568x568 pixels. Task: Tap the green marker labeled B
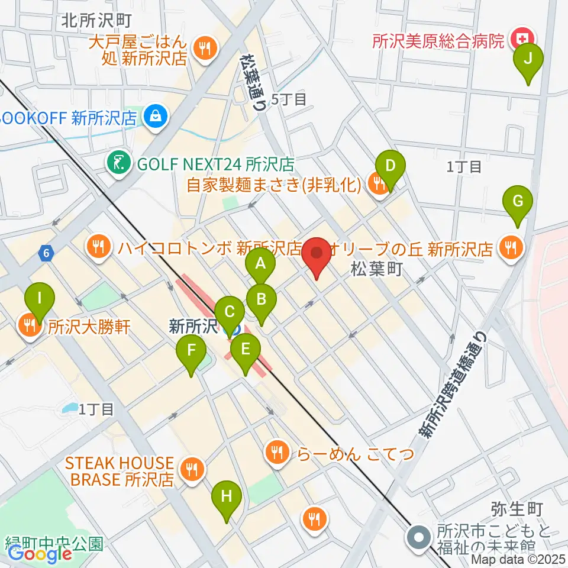point(261,298)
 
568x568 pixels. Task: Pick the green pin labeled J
point(528,58)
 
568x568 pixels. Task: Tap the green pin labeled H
point(227,496)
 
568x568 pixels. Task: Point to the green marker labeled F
point(191,350)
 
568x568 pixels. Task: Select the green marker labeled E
point(246,348)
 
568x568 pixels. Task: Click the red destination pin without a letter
point(317,254)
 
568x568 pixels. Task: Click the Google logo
point(40,554)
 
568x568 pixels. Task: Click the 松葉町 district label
point(376,270)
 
